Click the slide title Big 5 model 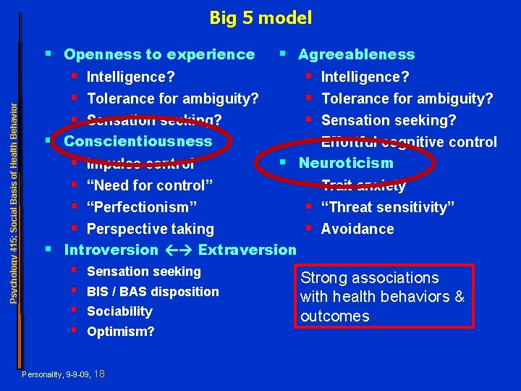260,17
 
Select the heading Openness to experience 159,54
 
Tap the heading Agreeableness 357,54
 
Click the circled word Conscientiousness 138,141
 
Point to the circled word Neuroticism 347,163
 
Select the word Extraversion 247,251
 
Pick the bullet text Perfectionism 142,207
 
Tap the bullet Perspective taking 151,229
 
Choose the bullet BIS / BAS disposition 153,292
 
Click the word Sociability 119,311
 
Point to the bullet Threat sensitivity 388,207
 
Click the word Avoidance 357,229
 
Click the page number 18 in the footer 100,374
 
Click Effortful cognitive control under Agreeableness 409,142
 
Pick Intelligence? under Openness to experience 131,77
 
